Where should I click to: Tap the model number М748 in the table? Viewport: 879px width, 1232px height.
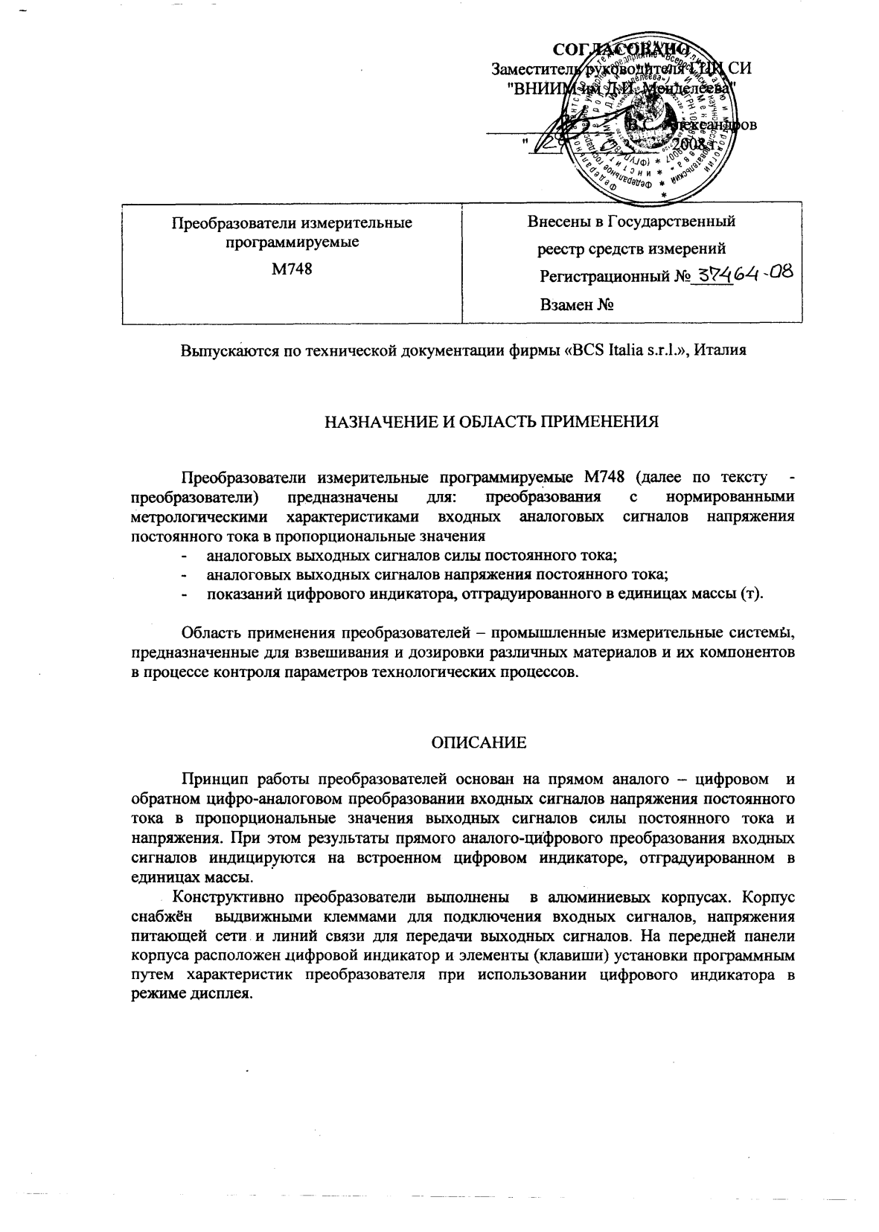292,269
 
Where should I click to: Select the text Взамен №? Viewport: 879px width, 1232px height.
576,304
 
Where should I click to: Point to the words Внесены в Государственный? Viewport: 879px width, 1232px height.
631,221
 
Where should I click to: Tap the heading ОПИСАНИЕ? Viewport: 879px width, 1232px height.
479,742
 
